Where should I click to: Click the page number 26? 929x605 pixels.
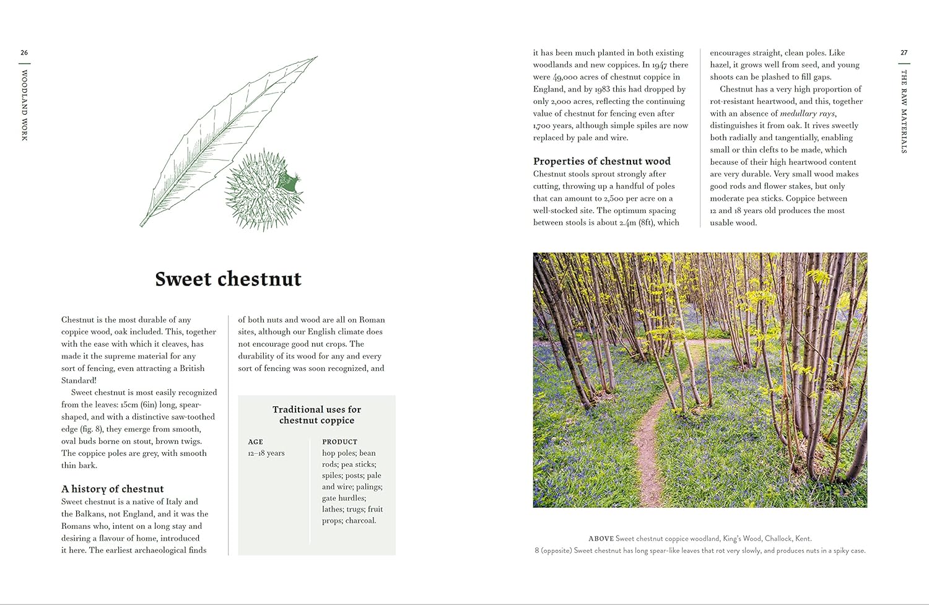click(x=24, y=53)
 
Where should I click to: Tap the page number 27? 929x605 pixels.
click(x=904, y=53)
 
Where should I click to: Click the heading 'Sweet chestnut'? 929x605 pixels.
click(x=228, y=279)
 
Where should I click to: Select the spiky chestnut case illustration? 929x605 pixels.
click(x=264, y=191)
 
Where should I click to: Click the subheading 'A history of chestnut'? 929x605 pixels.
click(x=113, y=489)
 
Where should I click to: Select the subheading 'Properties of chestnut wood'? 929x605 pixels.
click(x=601, y=161)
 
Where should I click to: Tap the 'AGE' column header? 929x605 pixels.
click(x=255, y=442)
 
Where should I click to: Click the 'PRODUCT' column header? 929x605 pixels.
click(x=339, y=442)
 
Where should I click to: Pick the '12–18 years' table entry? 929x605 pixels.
click(x=266, y=453)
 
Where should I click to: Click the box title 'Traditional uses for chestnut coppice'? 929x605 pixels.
click(x=316, y=415)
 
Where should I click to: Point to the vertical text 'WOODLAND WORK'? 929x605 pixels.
click(x=25, y=105)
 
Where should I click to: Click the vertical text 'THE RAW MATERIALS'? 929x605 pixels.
click(x=904, y=111)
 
